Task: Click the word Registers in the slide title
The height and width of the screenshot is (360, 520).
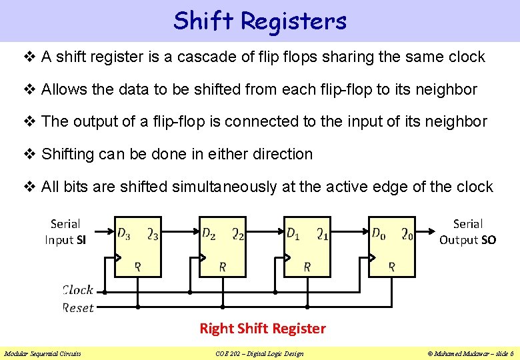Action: (x=293, y=21)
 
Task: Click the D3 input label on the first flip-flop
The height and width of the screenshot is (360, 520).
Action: (x=124, y=233)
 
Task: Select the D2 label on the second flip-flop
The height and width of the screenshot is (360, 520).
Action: (x=209, y=233)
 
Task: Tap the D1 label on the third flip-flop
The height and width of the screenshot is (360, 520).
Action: (x=293, y=233)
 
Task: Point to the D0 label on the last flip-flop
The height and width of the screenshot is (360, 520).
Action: (x=378, y=233)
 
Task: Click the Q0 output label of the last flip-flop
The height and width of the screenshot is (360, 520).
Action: (x=407, y=233)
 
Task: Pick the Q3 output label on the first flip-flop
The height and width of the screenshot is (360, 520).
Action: (x=153, y=233)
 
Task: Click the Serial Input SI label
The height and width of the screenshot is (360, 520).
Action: (x=65, y=232)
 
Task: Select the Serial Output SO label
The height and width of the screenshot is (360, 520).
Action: (x=467, y=232)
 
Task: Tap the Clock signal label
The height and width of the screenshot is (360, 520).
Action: (x=78, y=290)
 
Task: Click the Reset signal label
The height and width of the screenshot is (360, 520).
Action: (x=78, y=307)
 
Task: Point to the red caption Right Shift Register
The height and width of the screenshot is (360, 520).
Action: (x=263, y=328)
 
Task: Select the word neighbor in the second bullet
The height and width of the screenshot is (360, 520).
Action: (x=447, y=89)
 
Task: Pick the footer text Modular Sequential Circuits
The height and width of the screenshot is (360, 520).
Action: (x=43, y=353)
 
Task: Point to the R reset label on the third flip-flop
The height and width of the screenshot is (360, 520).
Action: (x=307, y=267)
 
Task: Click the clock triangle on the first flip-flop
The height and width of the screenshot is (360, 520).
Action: (x=118, y=257)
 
